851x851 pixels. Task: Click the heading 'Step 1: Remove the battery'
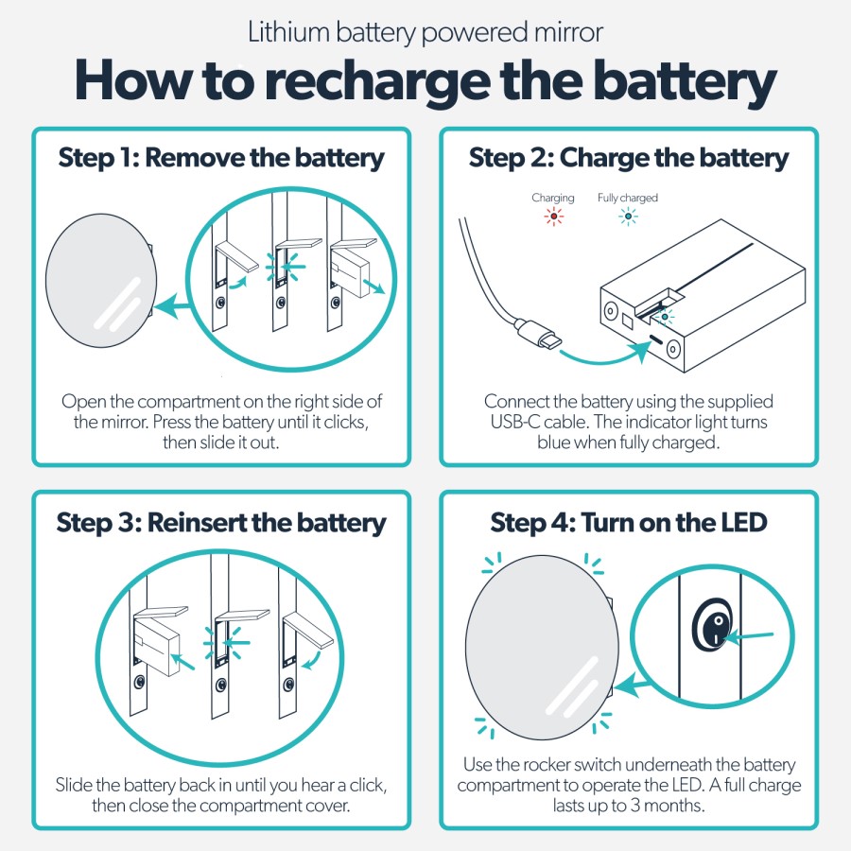pyautogui.click(x=221, y=158)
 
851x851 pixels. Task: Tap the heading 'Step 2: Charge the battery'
pyautogui.click(x=629, y=158)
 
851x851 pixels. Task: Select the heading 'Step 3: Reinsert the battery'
pyautogui.click(x=221, y=523)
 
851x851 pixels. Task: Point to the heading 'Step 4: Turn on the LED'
pyautogui.click(x=629, y=523)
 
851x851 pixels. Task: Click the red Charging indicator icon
pyautogui.click(x=553, y=217)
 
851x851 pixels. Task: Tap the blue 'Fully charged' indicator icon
pyautogui.click(x=627, y=217)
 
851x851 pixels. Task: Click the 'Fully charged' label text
pyautogui.click(x=627, y=198)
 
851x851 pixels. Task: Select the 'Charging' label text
pyautogui.click(x=553, y=198)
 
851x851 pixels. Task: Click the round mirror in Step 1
pyautogui.click(x=99, y=281)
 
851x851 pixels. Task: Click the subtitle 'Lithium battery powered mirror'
pyautogui.click(x=425, y=33)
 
